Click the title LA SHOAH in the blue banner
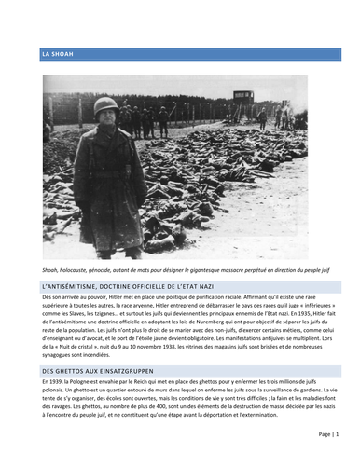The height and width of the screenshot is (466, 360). coord(58,55)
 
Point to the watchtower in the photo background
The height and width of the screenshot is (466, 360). coord(243,97)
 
